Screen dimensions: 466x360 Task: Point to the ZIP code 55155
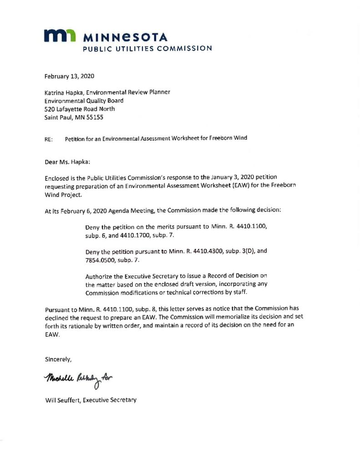pos(96,117)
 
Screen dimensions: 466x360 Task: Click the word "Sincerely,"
pos(58,359)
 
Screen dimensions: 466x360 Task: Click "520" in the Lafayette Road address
pos(49,109)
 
